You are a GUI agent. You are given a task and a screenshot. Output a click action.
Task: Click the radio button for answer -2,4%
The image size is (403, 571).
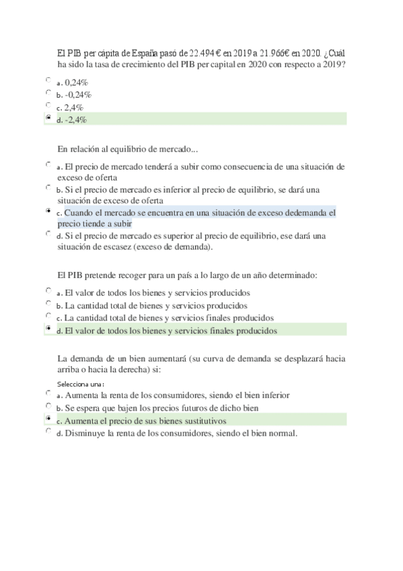tap(48, 118)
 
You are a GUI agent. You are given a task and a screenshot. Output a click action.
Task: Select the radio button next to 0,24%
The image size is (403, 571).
tap(48, 80)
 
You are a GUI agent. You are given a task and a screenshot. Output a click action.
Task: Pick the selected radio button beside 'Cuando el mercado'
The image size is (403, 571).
tap(48, 211)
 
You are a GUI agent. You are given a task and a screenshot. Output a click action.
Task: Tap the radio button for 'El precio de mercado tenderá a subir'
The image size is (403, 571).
tap(48, 164)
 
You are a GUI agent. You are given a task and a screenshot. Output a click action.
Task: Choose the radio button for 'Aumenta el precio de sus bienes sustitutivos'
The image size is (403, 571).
tap(48, 418)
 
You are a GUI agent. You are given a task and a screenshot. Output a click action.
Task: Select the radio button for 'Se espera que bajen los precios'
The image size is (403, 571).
tap(48, 406)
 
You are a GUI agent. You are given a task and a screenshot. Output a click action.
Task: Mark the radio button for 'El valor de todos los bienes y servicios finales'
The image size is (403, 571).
tap(48, 328)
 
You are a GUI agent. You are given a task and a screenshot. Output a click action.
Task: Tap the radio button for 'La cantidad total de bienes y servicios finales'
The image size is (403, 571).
tap(48, 315)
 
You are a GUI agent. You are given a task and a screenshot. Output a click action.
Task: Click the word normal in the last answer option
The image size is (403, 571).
tap(281, 433)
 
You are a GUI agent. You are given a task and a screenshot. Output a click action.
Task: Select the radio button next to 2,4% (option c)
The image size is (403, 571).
tap(48, 106)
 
